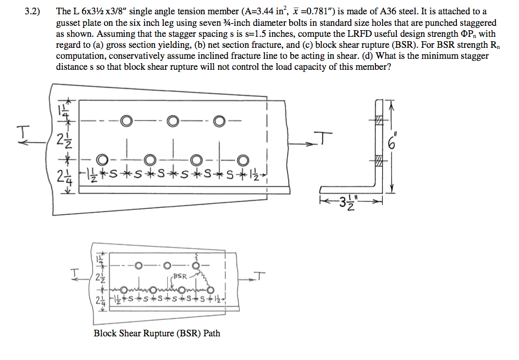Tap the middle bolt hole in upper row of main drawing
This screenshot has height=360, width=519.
[x=173, y=120]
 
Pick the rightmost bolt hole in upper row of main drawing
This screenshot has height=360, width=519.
[x=220, y=120]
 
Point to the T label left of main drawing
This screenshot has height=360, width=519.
[x=22, y=132]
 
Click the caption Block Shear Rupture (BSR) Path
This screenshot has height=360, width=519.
[x=157, y=333]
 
